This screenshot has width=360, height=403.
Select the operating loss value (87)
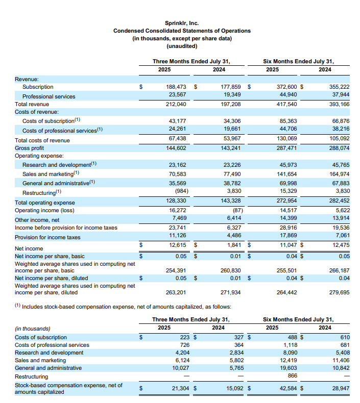(x=234, y=210)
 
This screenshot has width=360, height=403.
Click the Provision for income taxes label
(x=47, y=237)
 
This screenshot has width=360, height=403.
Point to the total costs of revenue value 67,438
(x=177, y=140)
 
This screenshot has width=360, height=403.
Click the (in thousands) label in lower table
(x=32, y=328)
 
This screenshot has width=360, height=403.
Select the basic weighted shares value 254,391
(x=176, y=270)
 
